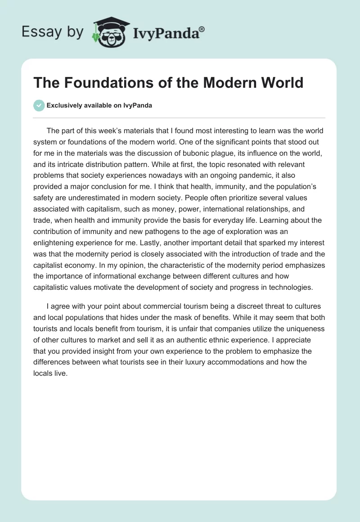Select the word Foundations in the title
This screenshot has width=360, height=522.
coord(104,83)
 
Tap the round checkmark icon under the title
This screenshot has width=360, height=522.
coord(39,106)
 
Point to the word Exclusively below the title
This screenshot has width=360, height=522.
coord(63,106)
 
